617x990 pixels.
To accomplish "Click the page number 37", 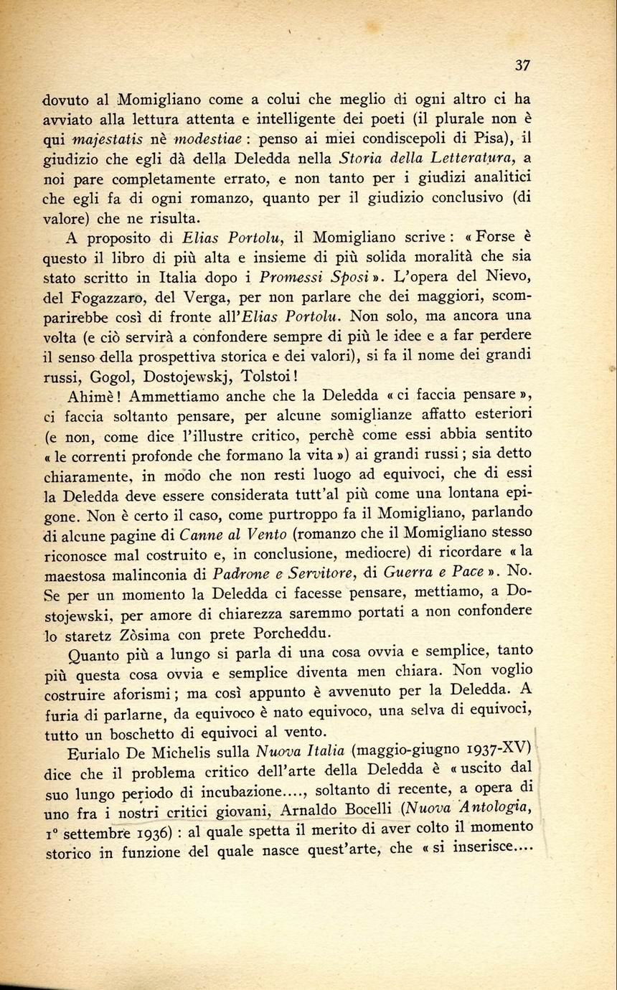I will click(522, 65).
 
